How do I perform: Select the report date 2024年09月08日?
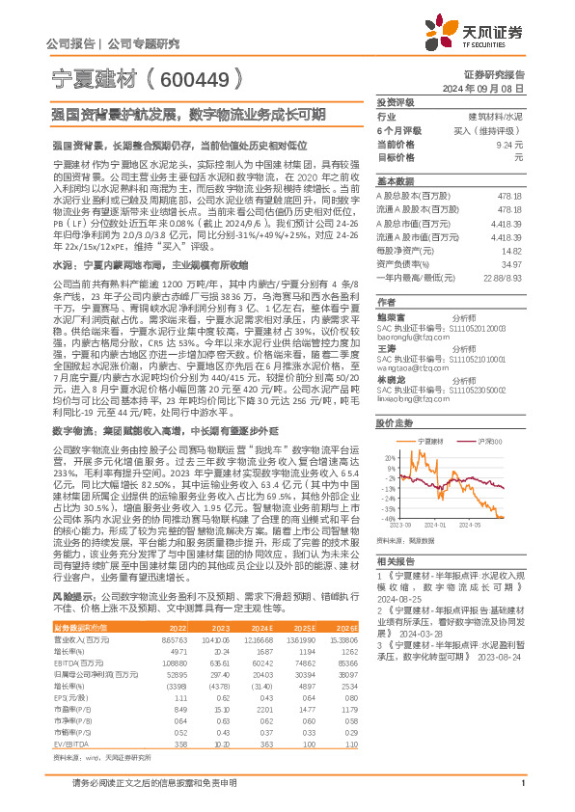[x=491, y=88]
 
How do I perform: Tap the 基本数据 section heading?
[x=395, y=181]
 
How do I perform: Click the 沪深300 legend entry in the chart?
[x=465, y=439]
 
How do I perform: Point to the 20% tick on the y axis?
[x=389, y=458]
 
